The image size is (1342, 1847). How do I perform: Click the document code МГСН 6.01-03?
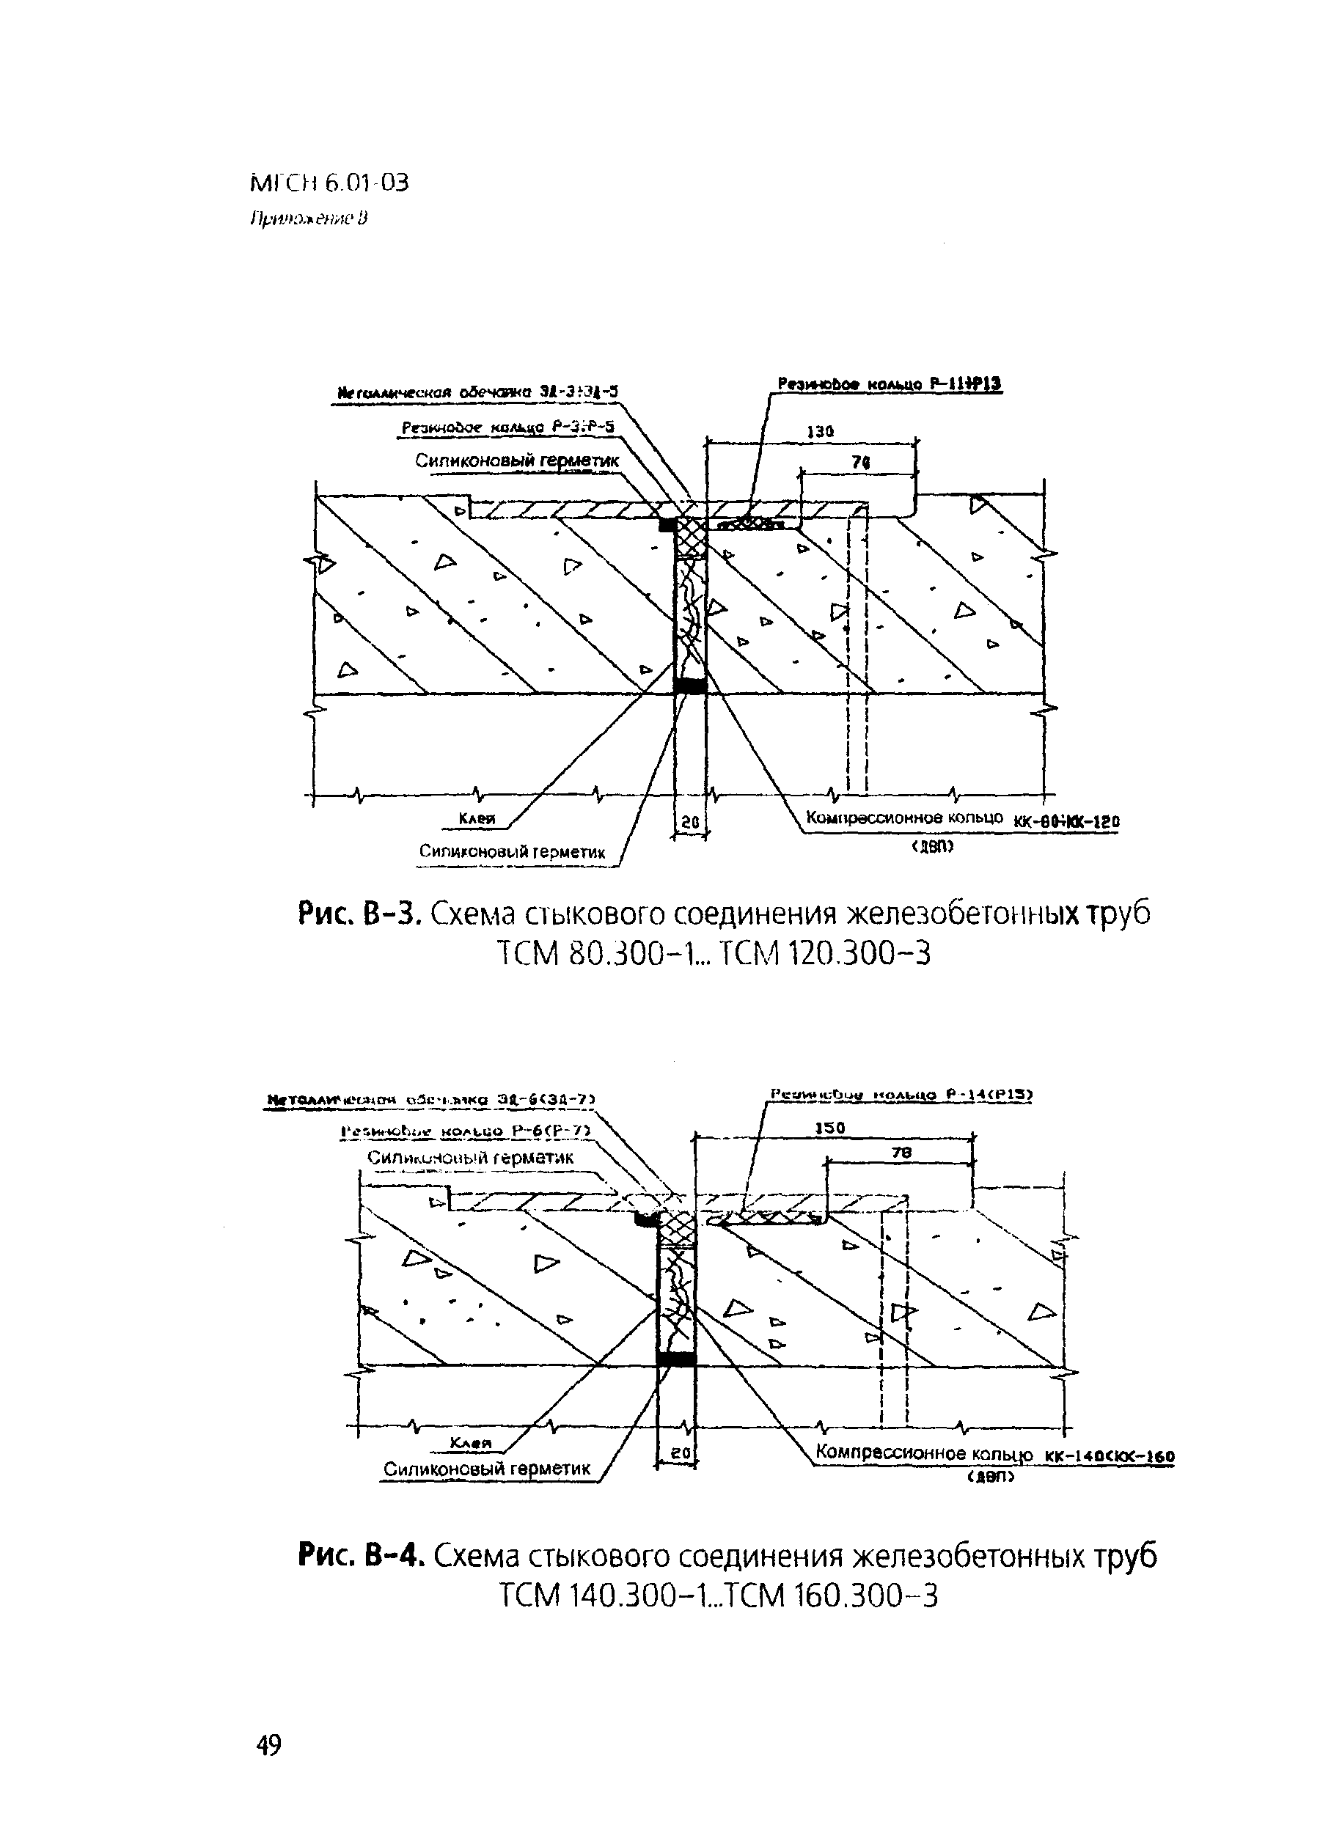coord(329,183)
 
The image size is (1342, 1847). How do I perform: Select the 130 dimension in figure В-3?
coord(819,433)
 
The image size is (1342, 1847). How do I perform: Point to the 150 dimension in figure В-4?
coord(830,1128)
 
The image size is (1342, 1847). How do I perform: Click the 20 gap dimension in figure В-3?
coord(690,823)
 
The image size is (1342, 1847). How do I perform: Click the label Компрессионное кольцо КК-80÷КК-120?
coord(961,818)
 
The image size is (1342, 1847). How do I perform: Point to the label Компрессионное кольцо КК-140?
coord(994,1454)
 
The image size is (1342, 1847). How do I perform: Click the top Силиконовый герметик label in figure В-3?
coord(517,461)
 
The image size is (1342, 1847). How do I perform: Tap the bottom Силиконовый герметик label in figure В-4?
coord(487,1469)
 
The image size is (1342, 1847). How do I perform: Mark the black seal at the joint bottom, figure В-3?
coord(691,686)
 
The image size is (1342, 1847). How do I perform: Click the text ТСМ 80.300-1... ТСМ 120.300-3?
coord(713,952)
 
